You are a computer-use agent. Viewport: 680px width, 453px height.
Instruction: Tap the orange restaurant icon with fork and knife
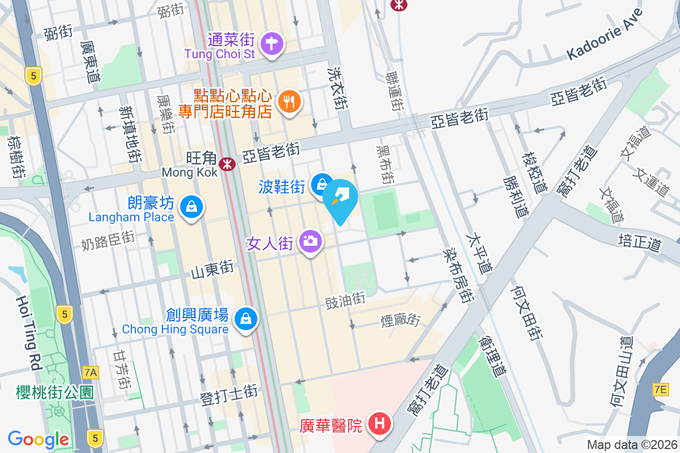(290, 102)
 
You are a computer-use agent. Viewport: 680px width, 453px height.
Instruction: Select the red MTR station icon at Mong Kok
(228, 164)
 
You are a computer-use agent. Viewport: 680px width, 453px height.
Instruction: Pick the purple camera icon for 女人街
(310, 242)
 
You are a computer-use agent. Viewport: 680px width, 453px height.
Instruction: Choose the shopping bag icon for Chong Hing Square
(246, 319)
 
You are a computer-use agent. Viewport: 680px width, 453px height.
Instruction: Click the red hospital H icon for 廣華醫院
(378, 423)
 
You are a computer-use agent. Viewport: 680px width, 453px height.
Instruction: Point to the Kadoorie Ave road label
(605, 36)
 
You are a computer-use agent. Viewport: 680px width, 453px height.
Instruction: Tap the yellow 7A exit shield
(90, 372)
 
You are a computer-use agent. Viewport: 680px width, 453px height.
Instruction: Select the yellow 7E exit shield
(660, 389)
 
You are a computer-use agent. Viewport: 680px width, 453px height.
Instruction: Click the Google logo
(39, 439)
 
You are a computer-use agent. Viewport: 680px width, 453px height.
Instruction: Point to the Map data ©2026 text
(631, 445)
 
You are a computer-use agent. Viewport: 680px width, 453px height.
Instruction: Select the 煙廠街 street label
(400, 320)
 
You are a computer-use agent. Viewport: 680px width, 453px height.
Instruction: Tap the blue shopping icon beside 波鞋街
(322, 183)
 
